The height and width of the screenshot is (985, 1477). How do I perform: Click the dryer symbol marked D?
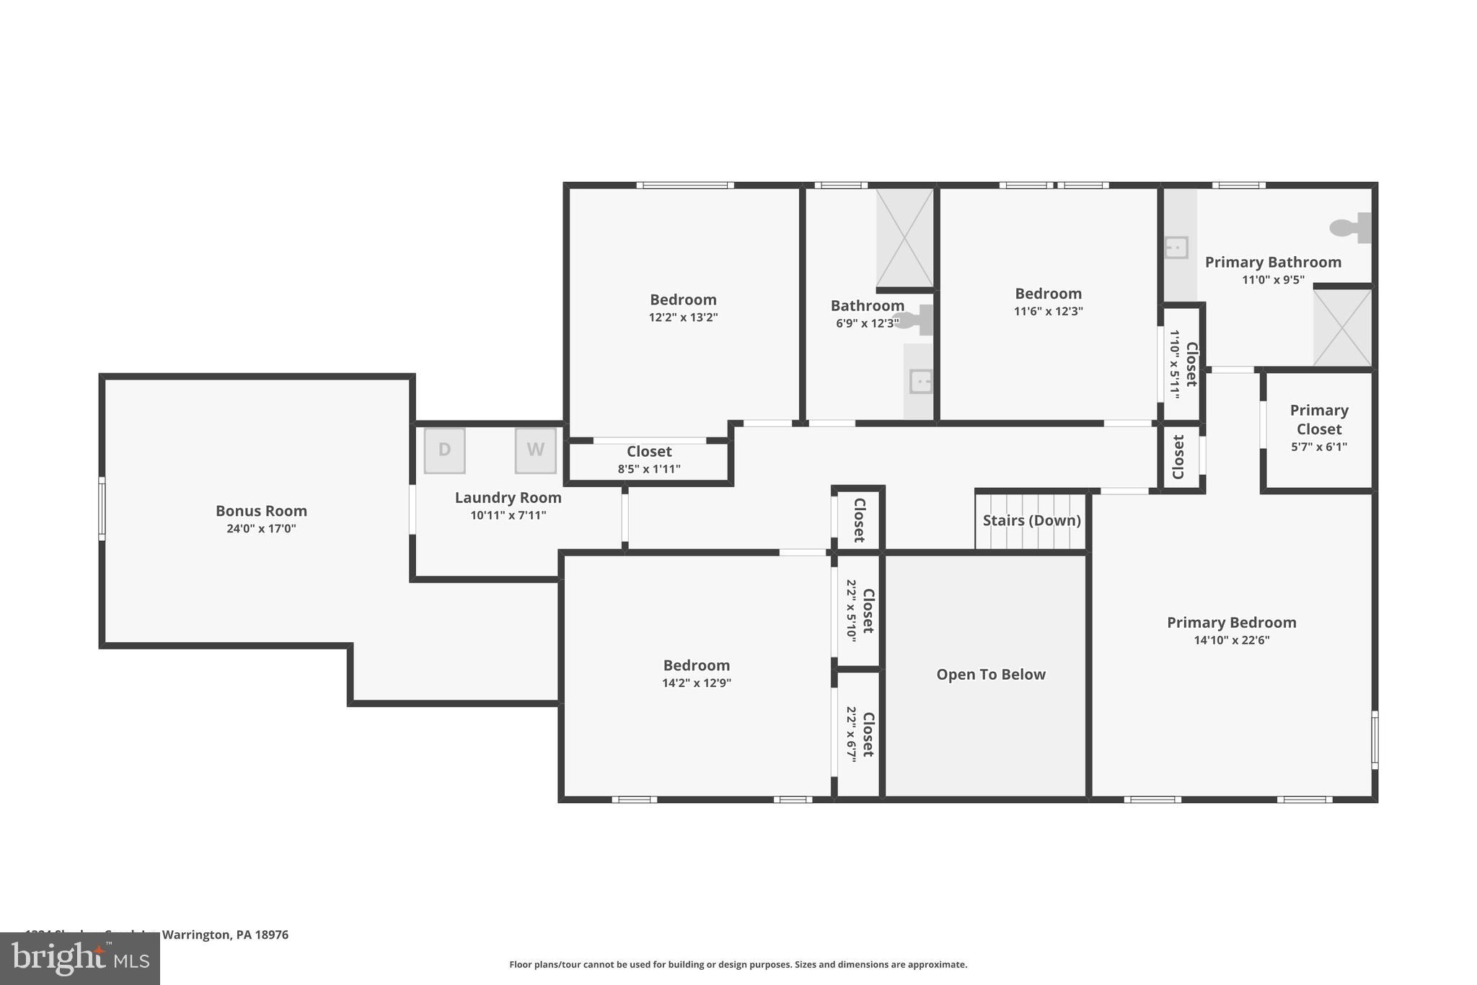click(x=444, y=450)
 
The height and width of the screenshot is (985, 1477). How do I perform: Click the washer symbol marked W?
click(x=535, y=450)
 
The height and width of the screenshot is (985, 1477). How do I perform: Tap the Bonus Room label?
click(x=261, y=511)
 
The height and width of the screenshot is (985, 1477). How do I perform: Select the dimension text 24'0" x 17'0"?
click(x=261, y=529)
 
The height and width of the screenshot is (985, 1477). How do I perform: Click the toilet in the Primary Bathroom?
click(x=1349, y=227)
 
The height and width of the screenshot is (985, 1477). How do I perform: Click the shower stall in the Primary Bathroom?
click(x=1341, y=328)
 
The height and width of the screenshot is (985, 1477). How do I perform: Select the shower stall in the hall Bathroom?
click(x=904, y=238)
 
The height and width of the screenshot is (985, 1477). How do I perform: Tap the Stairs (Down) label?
click(x=1031, y=520)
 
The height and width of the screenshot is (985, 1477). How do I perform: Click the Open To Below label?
click(x=990, y=675)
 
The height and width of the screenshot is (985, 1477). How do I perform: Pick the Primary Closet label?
click(x=1318, y=419)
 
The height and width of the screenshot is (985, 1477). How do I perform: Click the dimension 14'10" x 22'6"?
click(x=1231, y=640)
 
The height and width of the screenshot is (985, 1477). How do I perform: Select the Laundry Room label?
click(x=508, y=498)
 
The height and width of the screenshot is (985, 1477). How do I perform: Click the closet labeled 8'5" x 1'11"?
click(x=648, y=460)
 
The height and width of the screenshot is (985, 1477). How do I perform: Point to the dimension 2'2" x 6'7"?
click(x=851, y=734)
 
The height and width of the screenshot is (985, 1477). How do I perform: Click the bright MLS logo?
click(x=79, y=958)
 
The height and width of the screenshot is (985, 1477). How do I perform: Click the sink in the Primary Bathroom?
click(x=1176, y=248)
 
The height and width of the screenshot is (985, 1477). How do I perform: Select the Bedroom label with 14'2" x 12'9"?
click(x=696, y=665)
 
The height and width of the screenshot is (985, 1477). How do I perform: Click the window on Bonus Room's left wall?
click(x=102, y=508)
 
